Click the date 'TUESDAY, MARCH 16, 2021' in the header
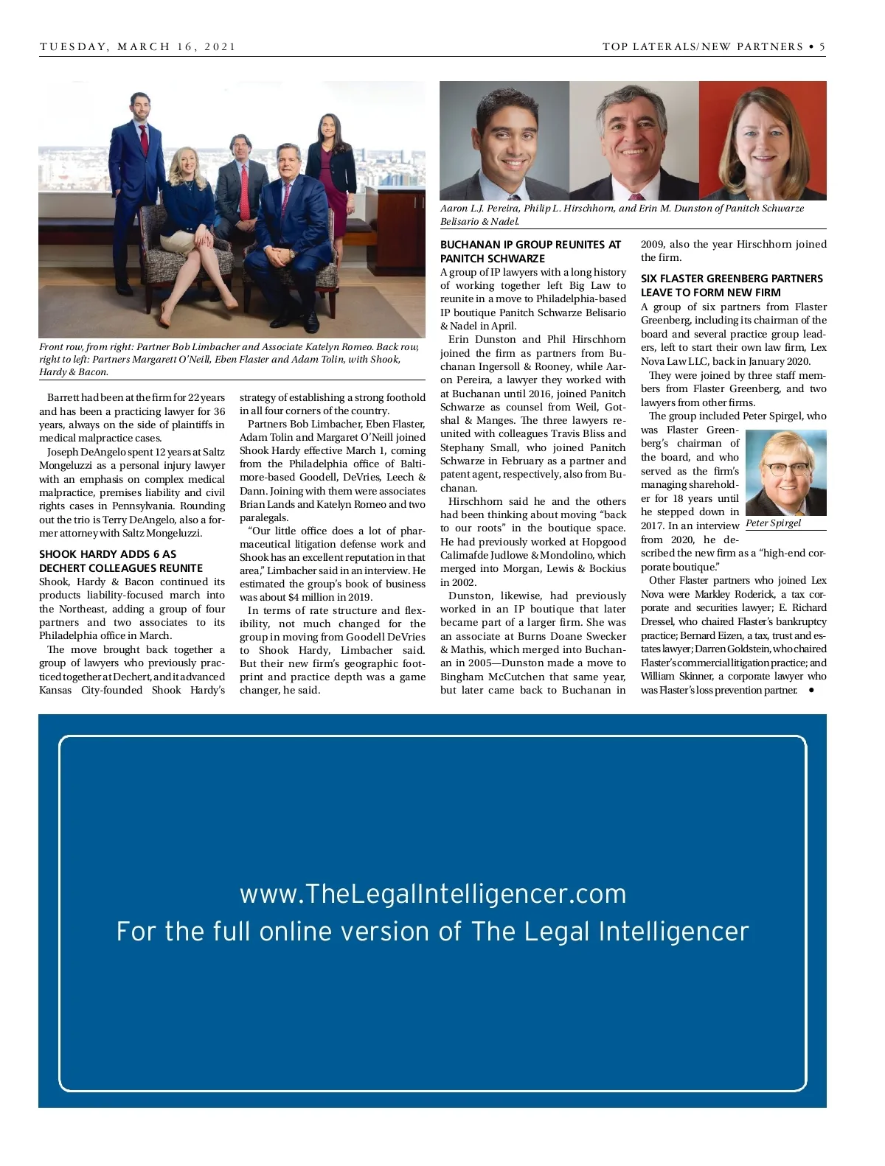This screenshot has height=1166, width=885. [x=138, y=46]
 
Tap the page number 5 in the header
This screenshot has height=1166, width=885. [x=822, y=46]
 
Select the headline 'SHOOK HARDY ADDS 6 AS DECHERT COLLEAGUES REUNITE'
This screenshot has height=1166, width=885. [x=121, y=561]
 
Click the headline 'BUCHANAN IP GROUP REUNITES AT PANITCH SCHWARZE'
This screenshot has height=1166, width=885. [x=531, y=251]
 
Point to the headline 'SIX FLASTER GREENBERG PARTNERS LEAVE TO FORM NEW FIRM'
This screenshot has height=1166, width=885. [x=732, y=285]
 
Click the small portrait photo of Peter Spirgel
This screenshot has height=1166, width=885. [x=785, y=473]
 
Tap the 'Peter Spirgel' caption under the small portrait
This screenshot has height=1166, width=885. [x=773, y=523]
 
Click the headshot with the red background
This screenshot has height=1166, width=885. [x=763, y=140]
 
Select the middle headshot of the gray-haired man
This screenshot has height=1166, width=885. [x=634, y=140]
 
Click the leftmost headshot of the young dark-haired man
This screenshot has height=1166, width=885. [x=504, y=140]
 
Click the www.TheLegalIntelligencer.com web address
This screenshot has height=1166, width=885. [x=433, y=894]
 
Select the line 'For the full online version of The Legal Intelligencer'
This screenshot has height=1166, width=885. [x=433, y=932]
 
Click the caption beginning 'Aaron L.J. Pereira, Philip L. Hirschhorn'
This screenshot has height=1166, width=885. [x=622, y=214]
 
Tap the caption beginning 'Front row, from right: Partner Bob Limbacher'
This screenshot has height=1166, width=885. [x=229, y=359]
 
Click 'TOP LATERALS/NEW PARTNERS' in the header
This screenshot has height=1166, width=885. [x=703, y=46]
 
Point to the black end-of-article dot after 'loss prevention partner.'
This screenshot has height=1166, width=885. [x=811, y=691]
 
